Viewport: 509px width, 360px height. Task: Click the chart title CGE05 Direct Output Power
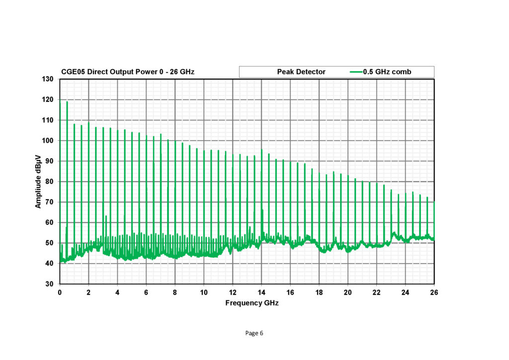point(127,72)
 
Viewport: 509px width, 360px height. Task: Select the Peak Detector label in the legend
point(301,72)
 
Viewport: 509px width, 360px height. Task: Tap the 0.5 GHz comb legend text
point(387,72)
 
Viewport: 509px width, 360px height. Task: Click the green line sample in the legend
point(356,72)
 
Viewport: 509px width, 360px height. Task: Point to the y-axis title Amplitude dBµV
point(38,181)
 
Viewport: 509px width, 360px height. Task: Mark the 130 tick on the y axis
point(48,80)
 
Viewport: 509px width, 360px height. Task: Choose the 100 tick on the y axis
point(48,141)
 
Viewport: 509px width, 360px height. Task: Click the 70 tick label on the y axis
point(49,202)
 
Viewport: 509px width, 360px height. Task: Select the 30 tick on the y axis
point(49,284)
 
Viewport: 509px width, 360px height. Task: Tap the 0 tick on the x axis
point(60,292)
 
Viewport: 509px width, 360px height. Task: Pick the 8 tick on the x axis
point(175,292)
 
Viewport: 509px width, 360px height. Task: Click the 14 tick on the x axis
point(261,292)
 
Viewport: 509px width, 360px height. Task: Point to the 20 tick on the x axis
point(348,292)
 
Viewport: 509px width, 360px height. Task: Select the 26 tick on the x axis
point(434,292)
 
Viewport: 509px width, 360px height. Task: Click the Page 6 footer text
point(254,333)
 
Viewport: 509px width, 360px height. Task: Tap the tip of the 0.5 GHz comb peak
point(67,102)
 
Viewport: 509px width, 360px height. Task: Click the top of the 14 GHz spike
point(261,150)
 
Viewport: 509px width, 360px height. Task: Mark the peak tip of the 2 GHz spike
point(88,122)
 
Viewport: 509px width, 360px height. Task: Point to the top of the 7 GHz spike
point(161,134)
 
